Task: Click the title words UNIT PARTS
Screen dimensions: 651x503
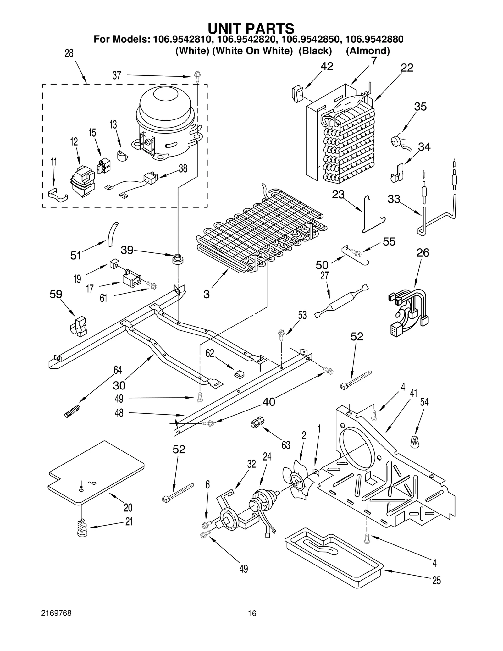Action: (251, 29)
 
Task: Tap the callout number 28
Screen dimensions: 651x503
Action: (69, 53)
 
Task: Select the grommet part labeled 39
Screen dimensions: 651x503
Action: (178, 259)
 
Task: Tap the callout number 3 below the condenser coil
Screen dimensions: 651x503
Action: (206, 295)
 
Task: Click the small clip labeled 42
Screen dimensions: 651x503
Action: (297, 94)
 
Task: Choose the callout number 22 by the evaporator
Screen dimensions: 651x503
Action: (407, 68)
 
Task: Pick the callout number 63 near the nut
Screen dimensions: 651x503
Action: (286, 445)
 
